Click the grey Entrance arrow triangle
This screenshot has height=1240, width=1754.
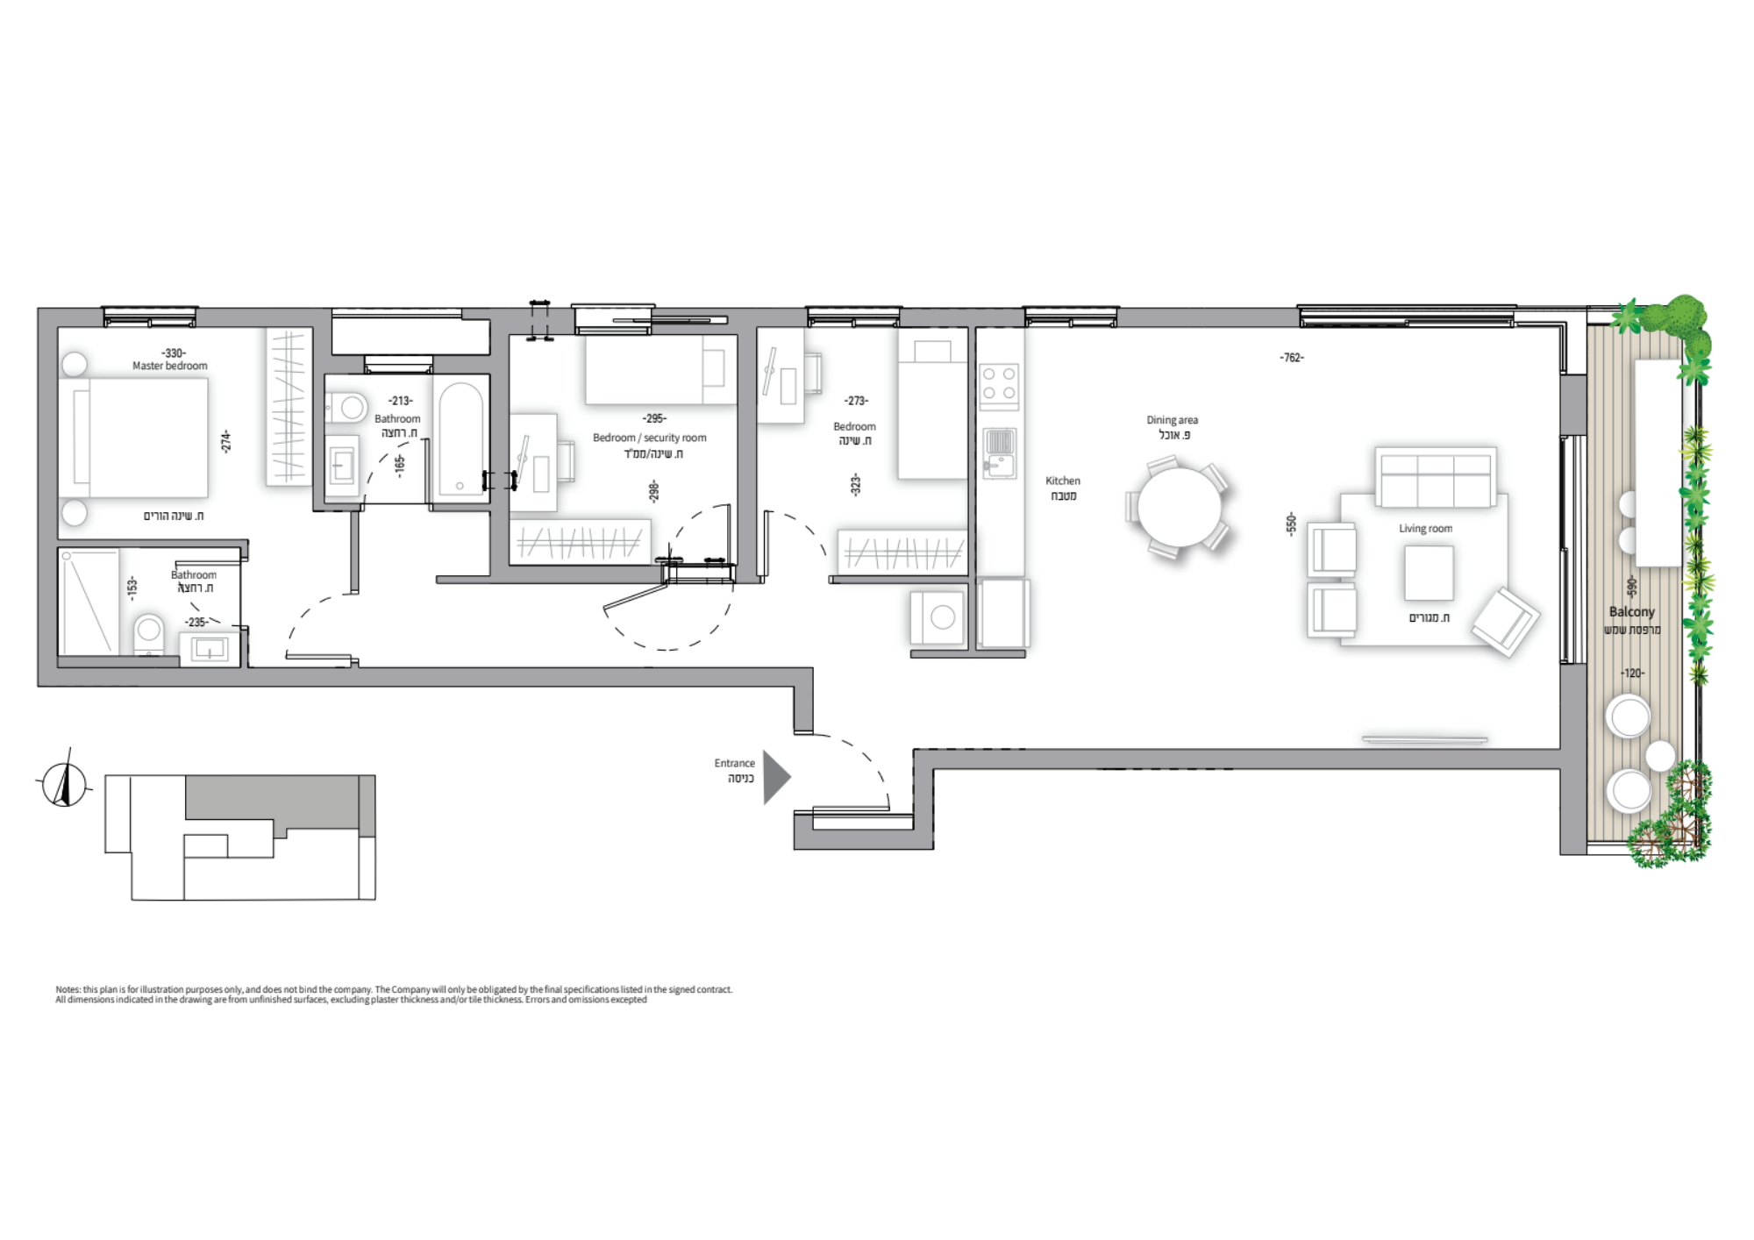(775, 777)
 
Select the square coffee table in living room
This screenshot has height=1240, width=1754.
(1429, 573)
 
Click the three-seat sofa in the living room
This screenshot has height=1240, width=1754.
(1436, 478)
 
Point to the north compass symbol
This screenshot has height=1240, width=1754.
(64, 780)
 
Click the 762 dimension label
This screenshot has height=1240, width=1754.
(1292, 358)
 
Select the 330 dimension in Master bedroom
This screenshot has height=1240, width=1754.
(174, 353)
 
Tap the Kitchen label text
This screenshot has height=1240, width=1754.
(1063, 481)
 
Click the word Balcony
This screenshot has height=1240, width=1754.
(1632, 611)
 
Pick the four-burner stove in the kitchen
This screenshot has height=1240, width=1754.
(999, 384)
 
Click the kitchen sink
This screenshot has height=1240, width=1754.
(999, 453)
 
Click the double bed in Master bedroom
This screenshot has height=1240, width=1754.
(133, 438)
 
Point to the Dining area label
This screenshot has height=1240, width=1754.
(1172, 420)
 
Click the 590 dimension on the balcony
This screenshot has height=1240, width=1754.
(1631, 586)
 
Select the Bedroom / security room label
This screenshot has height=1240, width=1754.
(649, 438)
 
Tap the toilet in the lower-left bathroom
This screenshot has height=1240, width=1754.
(149, 634)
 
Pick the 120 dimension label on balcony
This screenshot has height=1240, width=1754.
(1632, 673)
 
